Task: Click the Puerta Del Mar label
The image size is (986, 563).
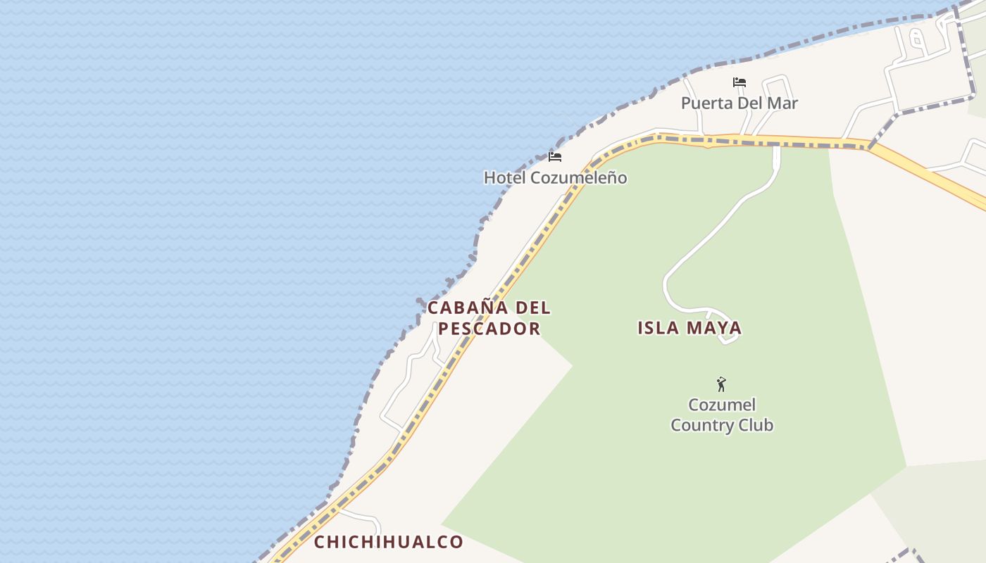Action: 739,103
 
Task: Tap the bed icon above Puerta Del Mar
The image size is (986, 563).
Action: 739,82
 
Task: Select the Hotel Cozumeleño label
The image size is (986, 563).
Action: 555,177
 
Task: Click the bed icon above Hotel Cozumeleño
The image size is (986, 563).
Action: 555,156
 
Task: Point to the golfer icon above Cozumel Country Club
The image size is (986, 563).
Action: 721,384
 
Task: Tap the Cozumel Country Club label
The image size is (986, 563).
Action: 722,415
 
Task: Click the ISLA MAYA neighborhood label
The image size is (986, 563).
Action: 689,327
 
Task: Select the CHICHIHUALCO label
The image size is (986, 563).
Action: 388,542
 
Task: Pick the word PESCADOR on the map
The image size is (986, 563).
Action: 489,329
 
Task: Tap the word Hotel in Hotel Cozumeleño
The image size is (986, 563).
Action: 504,177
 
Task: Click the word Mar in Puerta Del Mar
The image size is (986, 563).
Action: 784,103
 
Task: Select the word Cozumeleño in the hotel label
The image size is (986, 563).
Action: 578,177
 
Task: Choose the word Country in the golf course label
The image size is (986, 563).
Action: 702,425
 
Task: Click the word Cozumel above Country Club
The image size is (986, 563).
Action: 722,405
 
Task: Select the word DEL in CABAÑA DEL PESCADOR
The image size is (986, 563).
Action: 533,308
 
